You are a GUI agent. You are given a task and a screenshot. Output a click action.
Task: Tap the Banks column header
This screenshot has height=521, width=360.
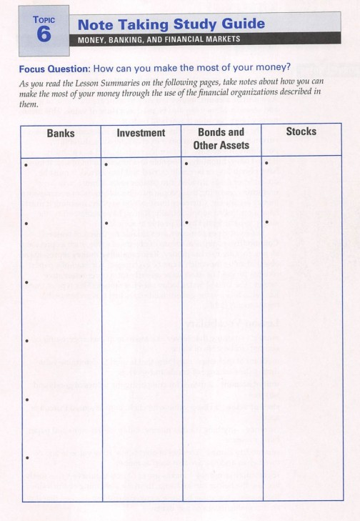pyautogui.click(x=61, y=133)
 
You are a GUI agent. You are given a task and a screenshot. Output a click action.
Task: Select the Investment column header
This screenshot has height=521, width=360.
pyautogui.click(x=141, y=133)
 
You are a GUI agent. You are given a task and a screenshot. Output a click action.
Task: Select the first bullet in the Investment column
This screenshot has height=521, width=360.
pyautogui.click(x=105, y=165)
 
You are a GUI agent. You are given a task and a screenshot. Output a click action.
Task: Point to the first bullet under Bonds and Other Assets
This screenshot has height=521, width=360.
pyautogui.click(x=186, y=165)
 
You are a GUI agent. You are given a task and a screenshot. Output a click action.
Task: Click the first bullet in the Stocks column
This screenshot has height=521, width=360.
pyautogui.click(x=266, y=165)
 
